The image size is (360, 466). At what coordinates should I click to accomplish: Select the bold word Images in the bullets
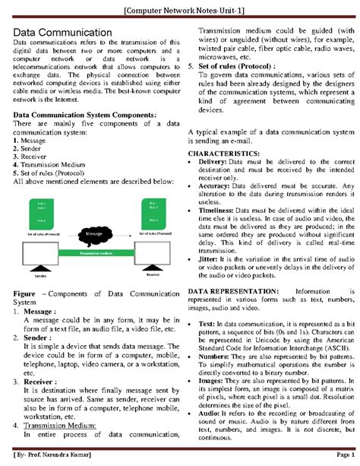212,379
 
